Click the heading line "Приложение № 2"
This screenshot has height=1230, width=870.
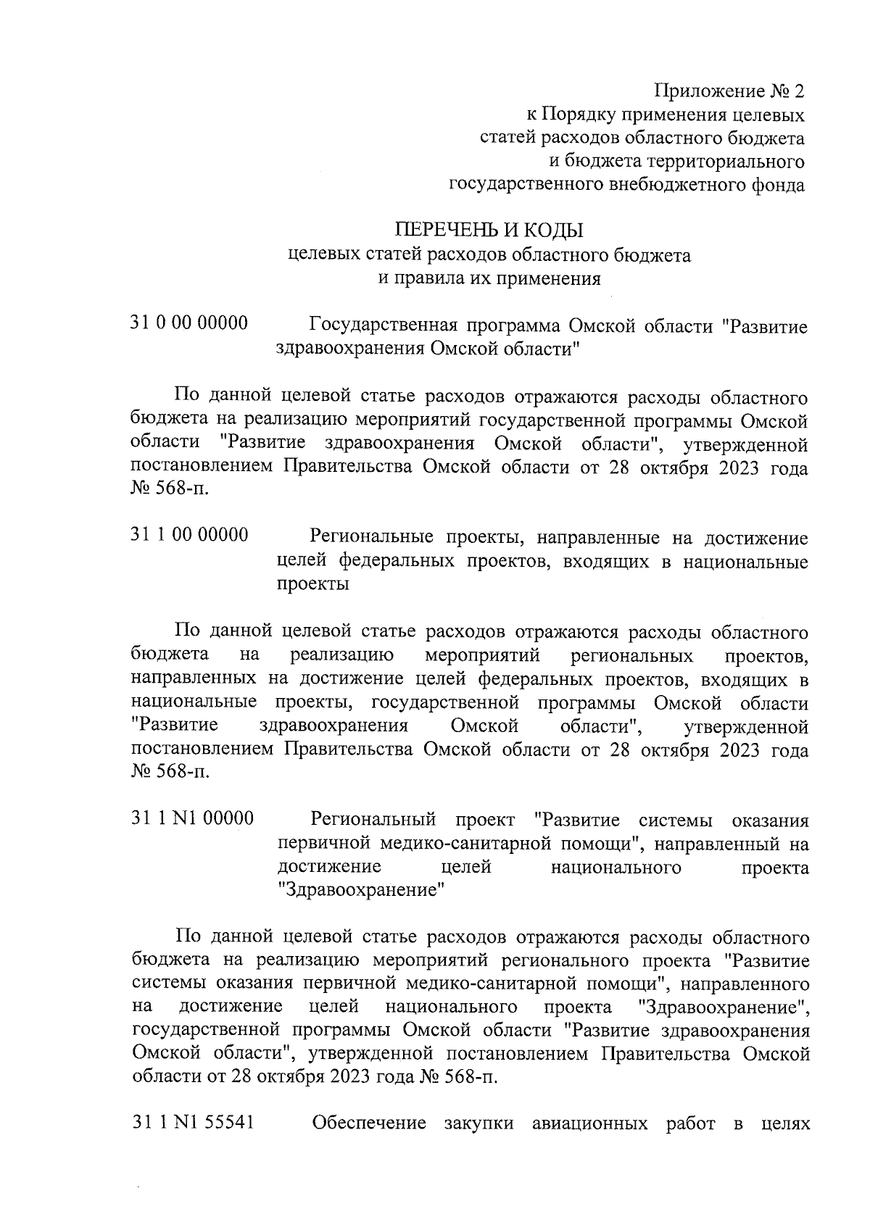tap(729, 92)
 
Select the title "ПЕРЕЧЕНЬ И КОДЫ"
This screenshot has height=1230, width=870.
tap(488, 231)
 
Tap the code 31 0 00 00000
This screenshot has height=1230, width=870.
tap(189, 323)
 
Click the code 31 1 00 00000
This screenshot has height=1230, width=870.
tap(189, 536)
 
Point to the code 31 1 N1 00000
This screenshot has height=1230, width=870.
tap(193, 819)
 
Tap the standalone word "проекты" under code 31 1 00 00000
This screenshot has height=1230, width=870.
tap(313, 584)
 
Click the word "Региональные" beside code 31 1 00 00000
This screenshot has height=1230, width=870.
tap(371, 537)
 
